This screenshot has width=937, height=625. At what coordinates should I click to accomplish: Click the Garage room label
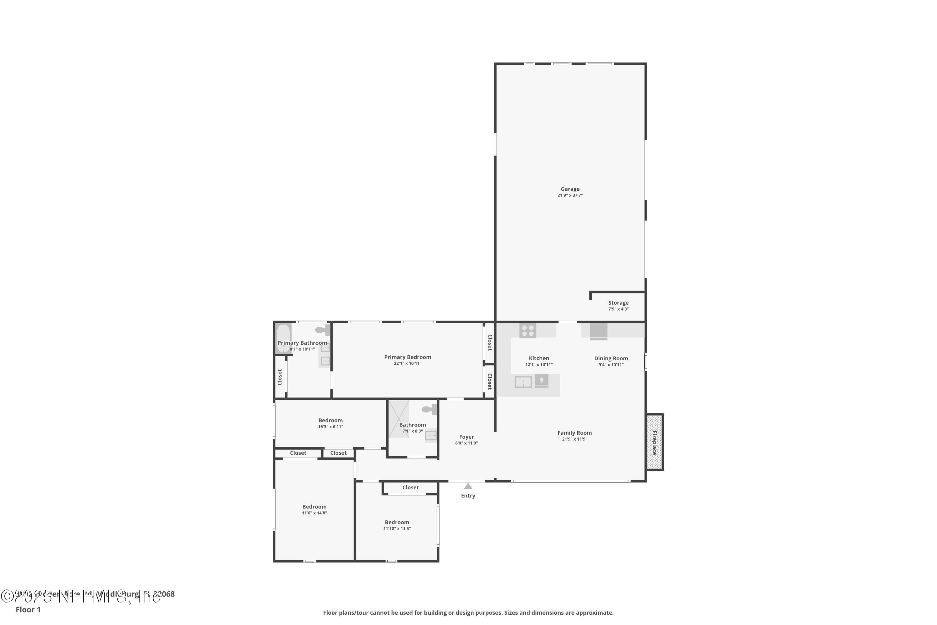570,189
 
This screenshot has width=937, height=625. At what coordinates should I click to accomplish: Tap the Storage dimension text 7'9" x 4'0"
618,309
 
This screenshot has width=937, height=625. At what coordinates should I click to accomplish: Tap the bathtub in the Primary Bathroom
283,338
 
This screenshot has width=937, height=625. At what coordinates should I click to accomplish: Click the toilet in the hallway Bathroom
429,409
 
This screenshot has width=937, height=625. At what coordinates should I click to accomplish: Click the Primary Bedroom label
407,357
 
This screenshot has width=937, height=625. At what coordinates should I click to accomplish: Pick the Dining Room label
611,358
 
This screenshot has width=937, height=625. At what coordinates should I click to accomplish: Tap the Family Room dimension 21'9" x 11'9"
574,439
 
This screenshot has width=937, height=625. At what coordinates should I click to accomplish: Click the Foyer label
466,437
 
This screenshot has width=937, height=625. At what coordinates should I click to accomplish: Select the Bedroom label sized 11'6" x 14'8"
314,507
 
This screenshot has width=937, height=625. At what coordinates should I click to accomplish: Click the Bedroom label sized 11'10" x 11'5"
396,522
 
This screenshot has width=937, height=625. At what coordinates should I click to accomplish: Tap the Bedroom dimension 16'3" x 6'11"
330,427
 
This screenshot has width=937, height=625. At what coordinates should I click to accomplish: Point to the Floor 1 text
28,609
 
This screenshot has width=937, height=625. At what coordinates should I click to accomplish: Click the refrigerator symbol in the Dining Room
598,332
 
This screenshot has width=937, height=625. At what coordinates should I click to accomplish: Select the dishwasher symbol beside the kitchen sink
541,381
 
